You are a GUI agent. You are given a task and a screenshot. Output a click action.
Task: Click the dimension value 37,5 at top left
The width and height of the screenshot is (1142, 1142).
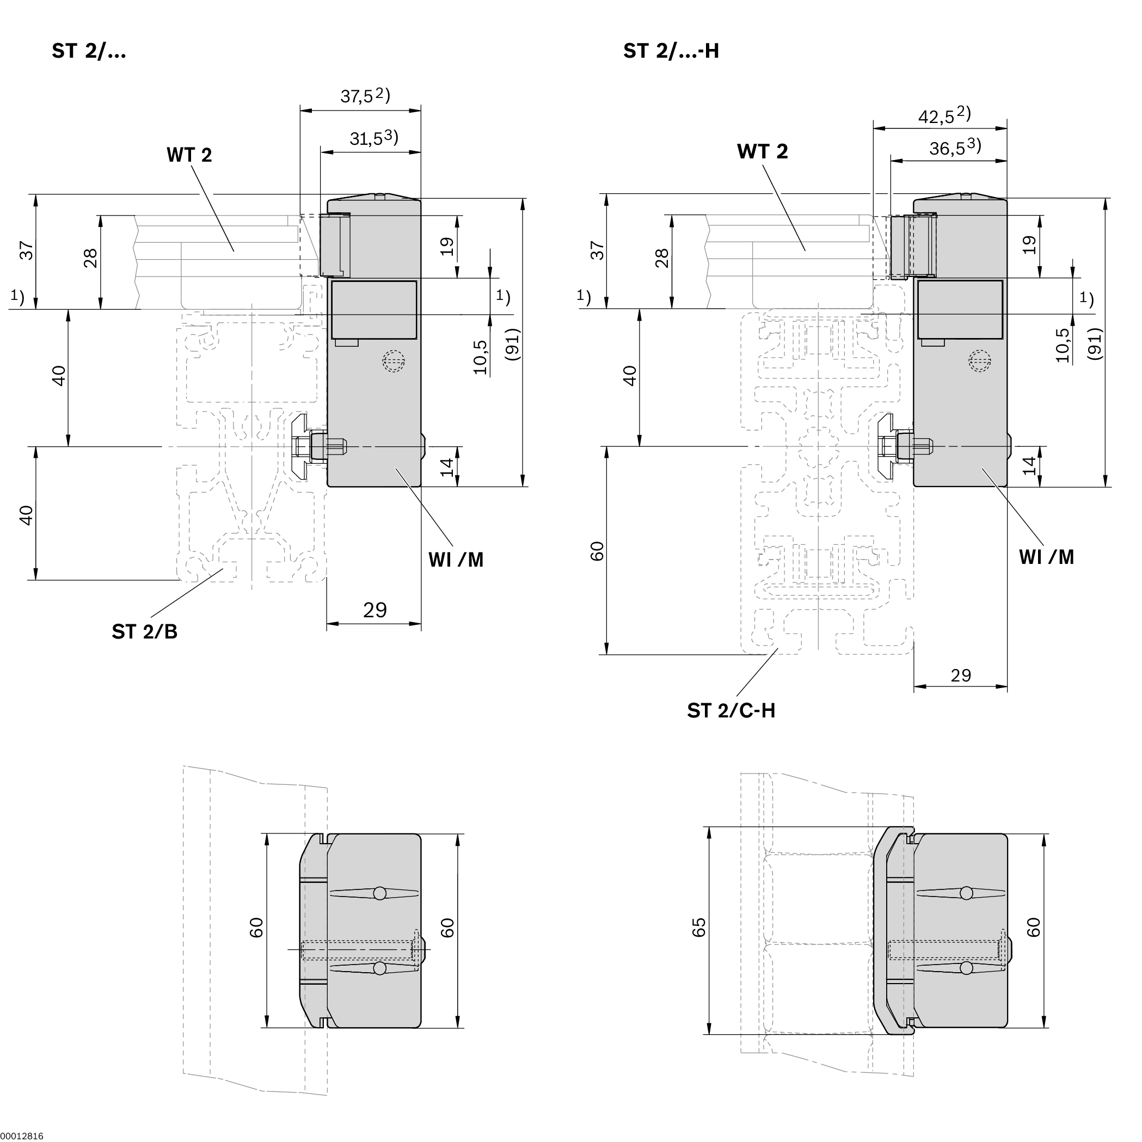point(358,96)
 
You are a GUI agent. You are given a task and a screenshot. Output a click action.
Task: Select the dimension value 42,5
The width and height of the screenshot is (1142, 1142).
point(936,116)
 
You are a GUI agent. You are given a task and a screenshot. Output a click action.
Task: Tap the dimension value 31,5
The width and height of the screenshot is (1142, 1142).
point(366,139)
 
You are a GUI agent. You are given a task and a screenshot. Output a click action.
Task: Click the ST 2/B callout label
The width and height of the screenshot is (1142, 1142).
point(144,632)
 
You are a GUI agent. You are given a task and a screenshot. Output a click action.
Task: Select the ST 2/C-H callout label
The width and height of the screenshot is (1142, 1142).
point(730,710)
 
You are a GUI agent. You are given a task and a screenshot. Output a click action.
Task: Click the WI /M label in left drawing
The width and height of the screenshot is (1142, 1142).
point(456,560)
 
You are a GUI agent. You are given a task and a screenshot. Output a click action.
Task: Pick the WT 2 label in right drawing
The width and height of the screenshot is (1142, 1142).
point(762,152)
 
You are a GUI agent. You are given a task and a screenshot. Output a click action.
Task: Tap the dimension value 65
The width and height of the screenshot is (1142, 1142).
point(699,928)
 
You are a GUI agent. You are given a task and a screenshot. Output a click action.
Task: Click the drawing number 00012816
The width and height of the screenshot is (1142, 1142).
point(22,1136)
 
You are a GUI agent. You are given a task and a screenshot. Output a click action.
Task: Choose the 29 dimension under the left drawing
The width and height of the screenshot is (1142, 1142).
point(374,610)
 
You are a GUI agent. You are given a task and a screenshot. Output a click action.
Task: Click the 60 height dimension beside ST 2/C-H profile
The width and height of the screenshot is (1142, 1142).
point(598,551)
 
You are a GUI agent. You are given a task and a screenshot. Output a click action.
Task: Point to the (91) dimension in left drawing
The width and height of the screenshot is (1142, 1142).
point(512,344)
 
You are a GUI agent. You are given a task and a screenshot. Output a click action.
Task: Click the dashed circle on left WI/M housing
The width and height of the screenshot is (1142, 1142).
point(394,360)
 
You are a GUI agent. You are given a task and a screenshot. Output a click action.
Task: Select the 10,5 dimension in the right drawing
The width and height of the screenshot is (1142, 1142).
point(1062,345)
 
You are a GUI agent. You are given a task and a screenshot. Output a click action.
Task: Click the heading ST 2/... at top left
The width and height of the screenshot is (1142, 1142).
point(89,51)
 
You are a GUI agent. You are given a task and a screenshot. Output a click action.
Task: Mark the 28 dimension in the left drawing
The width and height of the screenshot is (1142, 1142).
point(90,259)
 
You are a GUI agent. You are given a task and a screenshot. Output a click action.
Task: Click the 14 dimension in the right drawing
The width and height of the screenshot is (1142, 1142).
point(1030,465)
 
